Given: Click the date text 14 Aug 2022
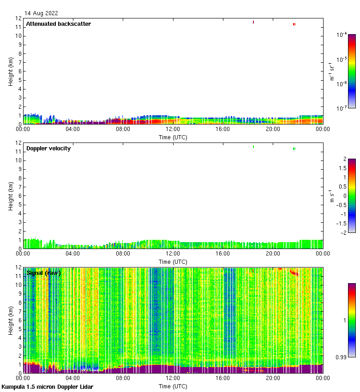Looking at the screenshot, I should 42,13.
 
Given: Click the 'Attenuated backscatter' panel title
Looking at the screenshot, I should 58,24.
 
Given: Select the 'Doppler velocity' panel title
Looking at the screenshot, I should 48,148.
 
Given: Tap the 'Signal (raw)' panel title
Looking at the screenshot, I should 43,273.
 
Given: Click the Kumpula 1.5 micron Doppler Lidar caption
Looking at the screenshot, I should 48,386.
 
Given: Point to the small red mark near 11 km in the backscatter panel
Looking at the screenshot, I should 294,24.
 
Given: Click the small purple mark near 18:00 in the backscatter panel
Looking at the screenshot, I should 253,22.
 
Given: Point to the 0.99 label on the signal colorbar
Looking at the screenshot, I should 341,357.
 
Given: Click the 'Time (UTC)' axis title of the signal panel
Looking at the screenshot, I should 173,386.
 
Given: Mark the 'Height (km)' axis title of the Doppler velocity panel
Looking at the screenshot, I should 11,196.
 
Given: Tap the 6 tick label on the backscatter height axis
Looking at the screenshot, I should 19,71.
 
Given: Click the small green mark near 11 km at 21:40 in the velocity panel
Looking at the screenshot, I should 294,148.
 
